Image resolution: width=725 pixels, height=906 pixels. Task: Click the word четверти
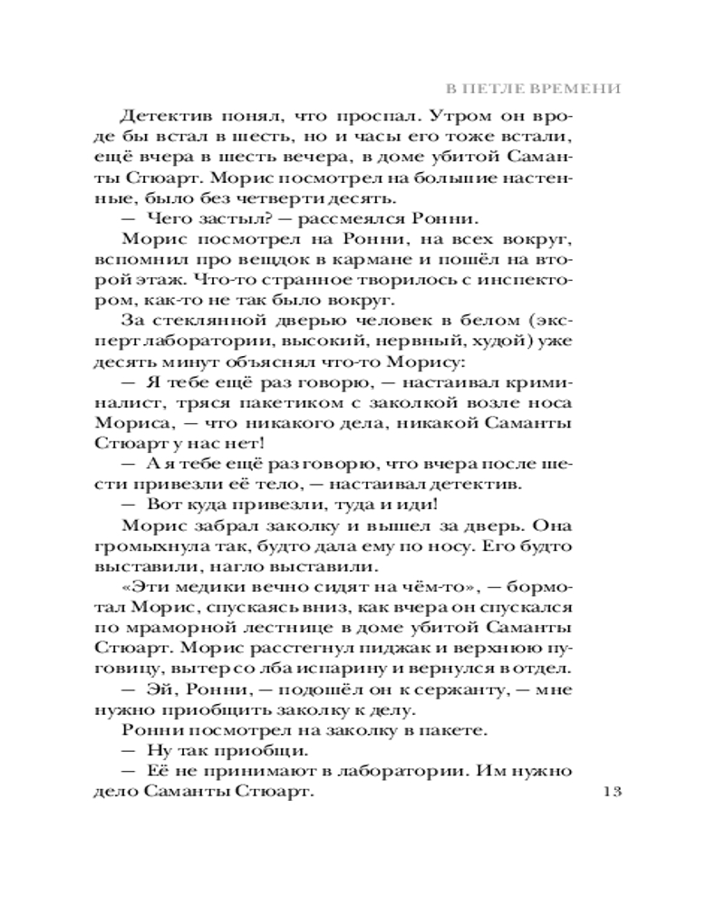click(292, 196)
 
